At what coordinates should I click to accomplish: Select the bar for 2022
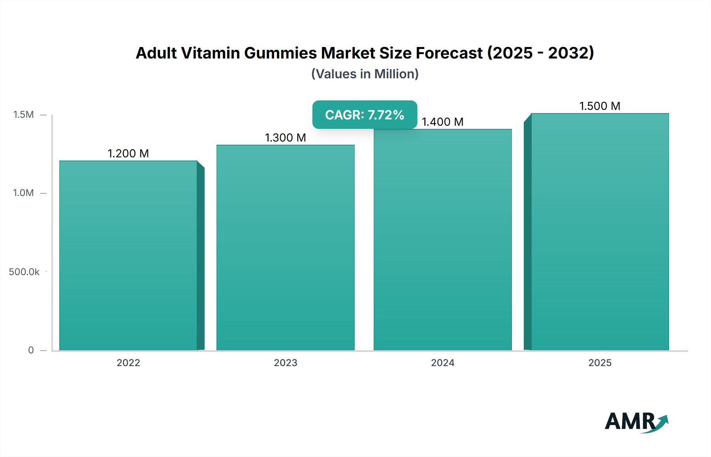128,255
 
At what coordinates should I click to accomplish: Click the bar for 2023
286,247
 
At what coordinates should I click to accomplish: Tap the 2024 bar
443,240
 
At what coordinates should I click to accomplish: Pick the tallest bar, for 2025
600,232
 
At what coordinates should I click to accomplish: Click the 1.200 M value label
128,153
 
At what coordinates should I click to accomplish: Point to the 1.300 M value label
286,138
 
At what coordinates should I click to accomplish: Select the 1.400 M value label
443,122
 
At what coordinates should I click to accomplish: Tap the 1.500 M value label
600,106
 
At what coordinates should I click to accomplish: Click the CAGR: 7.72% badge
365,115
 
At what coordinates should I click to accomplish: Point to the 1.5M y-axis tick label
24,115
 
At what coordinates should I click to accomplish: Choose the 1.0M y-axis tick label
24,193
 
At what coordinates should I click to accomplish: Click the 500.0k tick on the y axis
24,272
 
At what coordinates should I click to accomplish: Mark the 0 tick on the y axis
31,350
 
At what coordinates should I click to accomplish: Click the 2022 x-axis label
128,363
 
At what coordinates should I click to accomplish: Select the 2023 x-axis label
286,363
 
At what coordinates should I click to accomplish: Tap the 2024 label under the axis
443,363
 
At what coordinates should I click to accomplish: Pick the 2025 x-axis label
600,363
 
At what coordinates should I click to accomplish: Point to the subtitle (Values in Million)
365,74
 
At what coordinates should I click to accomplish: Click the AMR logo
636,422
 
